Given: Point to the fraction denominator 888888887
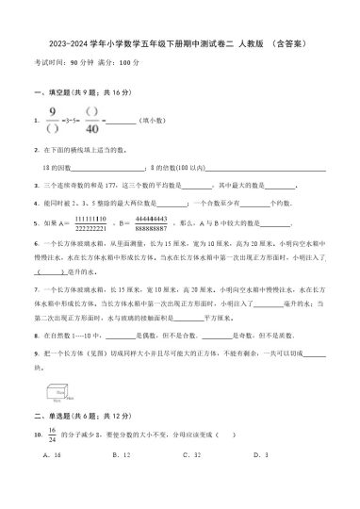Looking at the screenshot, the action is (x=151, y=228).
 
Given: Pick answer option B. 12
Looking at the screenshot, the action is (x=121, y=427).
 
